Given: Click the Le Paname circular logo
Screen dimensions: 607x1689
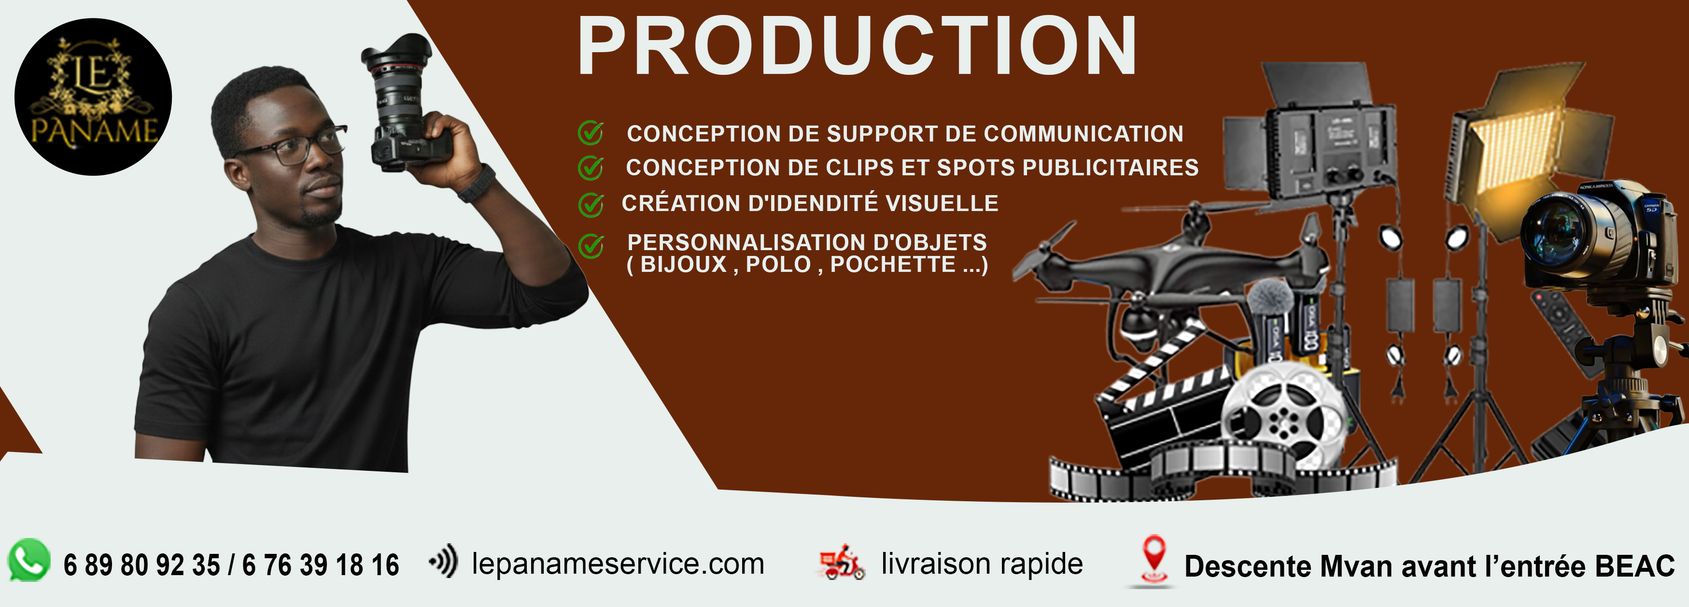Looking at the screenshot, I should (93, 97).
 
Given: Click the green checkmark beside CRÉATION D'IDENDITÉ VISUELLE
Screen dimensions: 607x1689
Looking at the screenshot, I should (591, 205).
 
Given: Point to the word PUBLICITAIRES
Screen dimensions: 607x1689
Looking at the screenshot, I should (1110, 168).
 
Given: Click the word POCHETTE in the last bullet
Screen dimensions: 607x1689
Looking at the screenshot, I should (892, 265).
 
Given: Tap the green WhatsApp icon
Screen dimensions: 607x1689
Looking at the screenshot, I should (29, 561).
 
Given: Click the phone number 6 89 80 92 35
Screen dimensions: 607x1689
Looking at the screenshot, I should (141, 565).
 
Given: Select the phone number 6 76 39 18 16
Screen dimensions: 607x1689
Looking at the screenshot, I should (320, 565).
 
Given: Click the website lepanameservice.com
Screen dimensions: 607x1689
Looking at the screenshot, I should (618, 564).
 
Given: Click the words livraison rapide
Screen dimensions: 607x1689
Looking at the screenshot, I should (982, 564).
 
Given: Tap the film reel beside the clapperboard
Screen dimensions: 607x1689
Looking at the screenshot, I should (1279, 413).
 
